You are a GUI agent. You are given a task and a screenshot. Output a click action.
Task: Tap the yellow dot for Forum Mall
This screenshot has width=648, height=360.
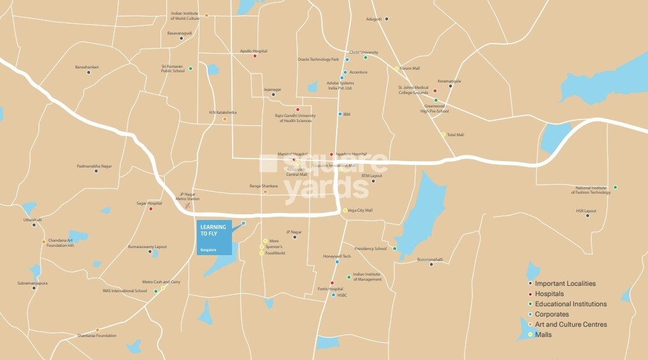point(396,68)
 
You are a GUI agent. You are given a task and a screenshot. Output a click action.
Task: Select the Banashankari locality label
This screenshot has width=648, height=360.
point(87,67)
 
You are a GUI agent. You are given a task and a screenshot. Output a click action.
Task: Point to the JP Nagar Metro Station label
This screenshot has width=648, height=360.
point(188,196)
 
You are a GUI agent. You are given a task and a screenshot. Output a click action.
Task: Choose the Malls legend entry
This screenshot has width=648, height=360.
point(544,334)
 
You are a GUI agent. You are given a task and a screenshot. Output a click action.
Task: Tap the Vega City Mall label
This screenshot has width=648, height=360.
point(360,210)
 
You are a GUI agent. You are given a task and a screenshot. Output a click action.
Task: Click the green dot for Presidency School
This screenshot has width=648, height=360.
point(394,249)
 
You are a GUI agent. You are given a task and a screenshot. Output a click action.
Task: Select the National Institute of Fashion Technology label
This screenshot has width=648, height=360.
point(591,190)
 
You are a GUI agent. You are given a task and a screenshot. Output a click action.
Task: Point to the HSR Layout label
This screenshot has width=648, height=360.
point(585,210)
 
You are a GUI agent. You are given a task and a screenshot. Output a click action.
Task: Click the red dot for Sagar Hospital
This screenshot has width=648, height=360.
point(151,208)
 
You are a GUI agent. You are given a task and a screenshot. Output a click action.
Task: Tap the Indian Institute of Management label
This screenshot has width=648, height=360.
point(367,277)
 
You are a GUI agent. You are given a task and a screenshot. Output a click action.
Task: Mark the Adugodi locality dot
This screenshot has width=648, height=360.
point(387,19)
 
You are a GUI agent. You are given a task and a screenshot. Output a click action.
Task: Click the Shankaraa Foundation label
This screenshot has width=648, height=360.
point(97,336)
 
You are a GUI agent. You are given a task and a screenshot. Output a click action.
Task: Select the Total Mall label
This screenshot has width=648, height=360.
point(456,135)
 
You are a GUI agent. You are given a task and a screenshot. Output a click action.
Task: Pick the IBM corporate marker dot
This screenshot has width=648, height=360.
point(340,114)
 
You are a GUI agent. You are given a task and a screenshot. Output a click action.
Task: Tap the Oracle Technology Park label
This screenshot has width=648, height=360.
point(318,59)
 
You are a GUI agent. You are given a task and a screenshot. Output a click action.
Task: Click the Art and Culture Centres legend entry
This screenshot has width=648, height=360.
point(571,324)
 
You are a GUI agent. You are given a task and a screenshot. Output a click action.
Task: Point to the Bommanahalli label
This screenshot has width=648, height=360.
point(430,260)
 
